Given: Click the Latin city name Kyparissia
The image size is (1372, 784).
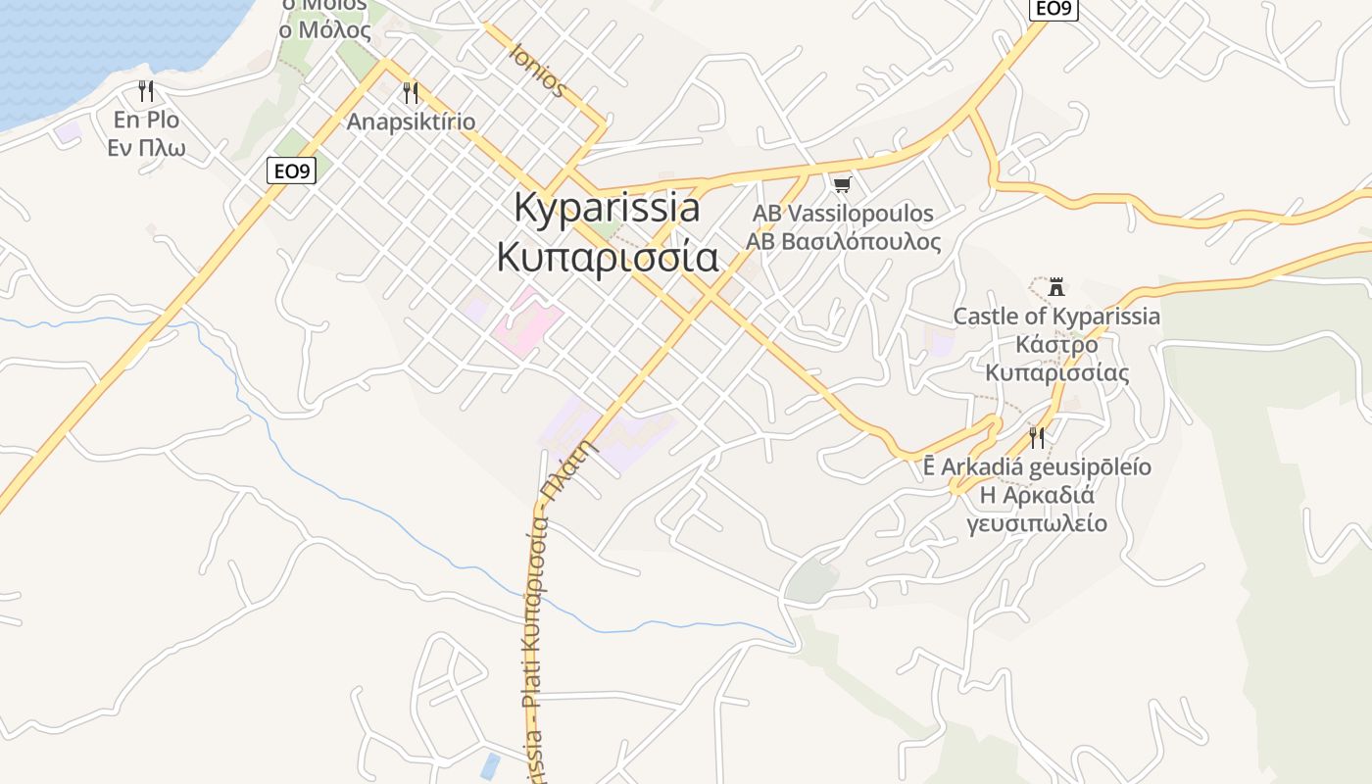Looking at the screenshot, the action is pos(608,209).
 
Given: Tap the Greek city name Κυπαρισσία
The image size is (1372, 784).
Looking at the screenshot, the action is pos(608,257).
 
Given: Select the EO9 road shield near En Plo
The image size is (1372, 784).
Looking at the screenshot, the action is pos(291,171).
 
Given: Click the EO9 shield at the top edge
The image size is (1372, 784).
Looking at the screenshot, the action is pos(1053,8).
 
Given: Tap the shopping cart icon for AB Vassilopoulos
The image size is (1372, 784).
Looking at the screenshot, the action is pos(842,184).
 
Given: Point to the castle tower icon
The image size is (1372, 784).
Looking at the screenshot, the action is pos(1056,288).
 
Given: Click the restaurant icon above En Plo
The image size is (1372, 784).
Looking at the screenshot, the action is pos(146,91).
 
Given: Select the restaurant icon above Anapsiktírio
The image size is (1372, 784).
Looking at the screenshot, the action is pos(411,93).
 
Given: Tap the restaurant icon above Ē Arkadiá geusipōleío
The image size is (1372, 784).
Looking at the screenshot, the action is pos(1037,437).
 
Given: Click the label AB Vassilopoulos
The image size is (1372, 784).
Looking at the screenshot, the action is pos(843,213).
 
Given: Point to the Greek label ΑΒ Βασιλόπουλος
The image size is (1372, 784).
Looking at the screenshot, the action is pos(843,241).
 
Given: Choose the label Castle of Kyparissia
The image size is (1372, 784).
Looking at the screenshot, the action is pos(1056,317).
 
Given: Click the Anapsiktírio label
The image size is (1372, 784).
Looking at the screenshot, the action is pos(411,122).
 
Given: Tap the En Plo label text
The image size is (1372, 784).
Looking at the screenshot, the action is pos(147,121).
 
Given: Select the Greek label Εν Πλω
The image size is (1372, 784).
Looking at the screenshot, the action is pos(147,149).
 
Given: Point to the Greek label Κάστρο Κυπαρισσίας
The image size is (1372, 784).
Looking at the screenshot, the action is pos(1056,359).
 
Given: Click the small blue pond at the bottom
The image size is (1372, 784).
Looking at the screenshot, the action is pos(490,765).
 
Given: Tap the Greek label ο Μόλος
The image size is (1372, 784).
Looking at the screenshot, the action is pos(325,29).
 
